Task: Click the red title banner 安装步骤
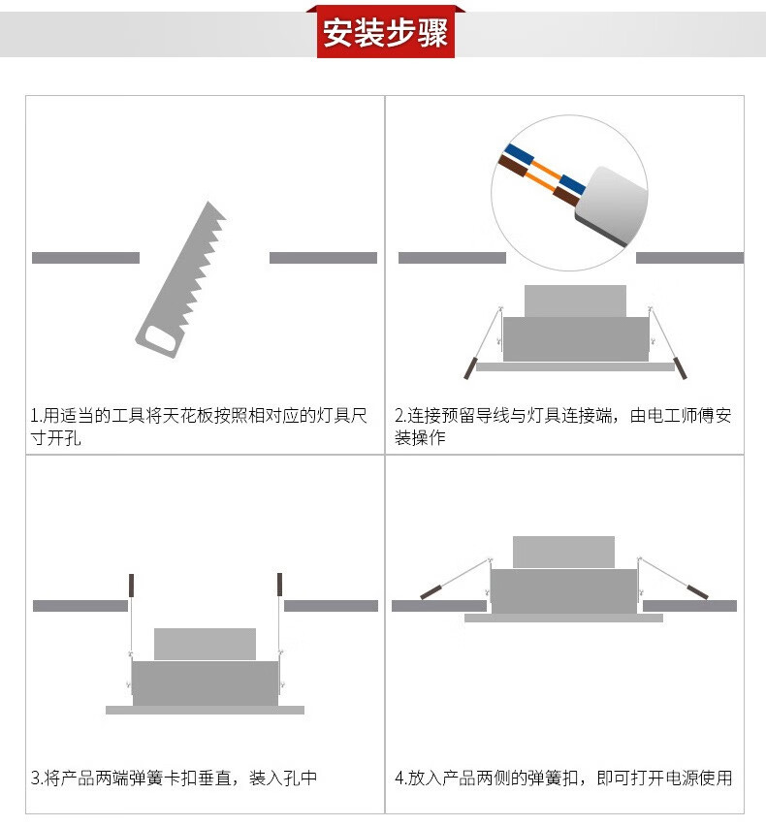(386, 32)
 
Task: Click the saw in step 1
(180, 280)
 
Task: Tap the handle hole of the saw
(160, 337)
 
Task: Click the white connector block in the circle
(612, 206)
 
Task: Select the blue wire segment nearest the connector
(572, 184)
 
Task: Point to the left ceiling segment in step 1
(85, 258)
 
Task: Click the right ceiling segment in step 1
(323, 258)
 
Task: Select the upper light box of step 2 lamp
(575, 301)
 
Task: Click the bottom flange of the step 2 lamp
(575, 366)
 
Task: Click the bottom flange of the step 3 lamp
(205, 710)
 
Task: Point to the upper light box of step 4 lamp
(563, 552)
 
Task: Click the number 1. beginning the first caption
(36, 416)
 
